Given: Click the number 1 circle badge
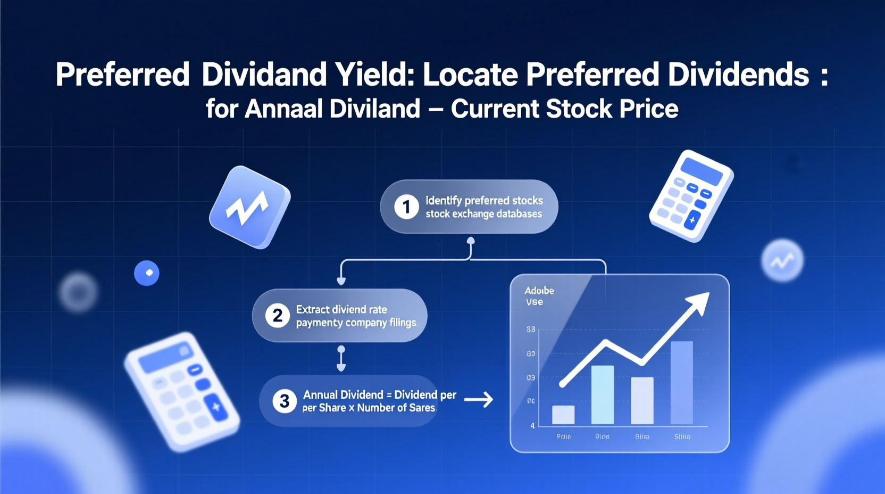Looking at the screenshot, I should click(x=406, y=207).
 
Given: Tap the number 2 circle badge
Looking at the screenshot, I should click(x=277, y=316).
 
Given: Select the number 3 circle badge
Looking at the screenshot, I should click(x=284, y=401).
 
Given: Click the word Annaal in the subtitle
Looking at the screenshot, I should click(x=283, y=109).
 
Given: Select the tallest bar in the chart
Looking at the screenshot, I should click(x=681, y=382).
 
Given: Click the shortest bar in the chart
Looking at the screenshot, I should click(x=563, y=415).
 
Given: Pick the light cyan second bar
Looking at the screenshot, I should click(x=603, y=394).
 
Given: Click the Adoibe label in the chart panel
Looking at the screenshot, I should click(x=539, y=291).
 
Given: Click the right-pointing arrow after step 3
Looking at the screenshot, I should click(x=479, y=399).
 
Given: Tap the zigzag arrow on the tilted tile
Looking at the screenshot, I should click(x=247, y=208).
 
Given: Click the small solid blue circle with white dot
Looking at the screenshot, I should click(x=147, y=273).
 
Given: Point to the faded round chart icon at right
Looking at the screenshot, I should click(x=782, y=260).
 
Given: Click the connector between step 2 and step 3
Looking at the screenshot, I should click(x=341, y=358).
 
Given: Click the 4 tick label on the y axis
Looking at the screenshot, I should click(x=532, y=426).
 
